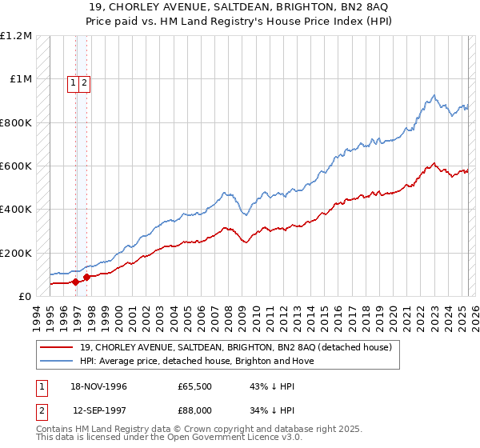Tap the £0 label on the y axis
(24, 296)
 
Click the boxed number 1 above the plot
(73, 82)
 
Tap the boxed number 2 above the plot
(84, 82)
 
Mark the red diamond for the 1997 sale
(86, 278)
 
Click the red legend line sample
(55, 347)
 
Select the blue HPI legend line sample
(55, 361)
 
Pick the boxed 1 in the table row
(40, 386)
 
